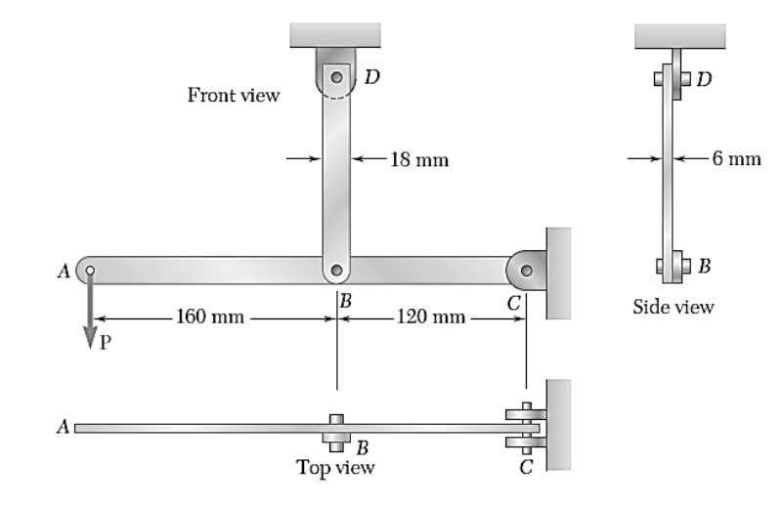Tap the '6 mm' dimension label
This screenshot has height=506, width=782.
pyautogui.click(x=735, y=159)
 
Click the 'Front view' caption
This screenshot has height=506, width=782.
pyautogui.click(x=233, y=95)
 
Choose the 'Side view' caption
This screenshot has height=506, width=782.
pyautogui.click(x=674, y=308)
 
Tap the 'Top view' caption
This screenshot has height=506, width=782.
pyautogui.click(x=335, y=467)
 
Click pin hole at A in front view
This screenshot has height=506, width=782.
pyautogui.click(x=89, y=271)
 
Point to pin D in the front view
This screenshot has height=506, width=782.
pyautogui.click(x=335, y=76)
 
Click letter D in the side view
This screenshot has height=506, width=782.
pyautogui.click(x=707, y=76)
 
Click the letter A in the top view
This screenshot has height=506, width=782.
pyautogui.click(x=64, y=427)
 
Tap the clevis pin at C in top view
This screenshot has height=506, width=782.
pyautogui.click(x=526, y=428)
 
